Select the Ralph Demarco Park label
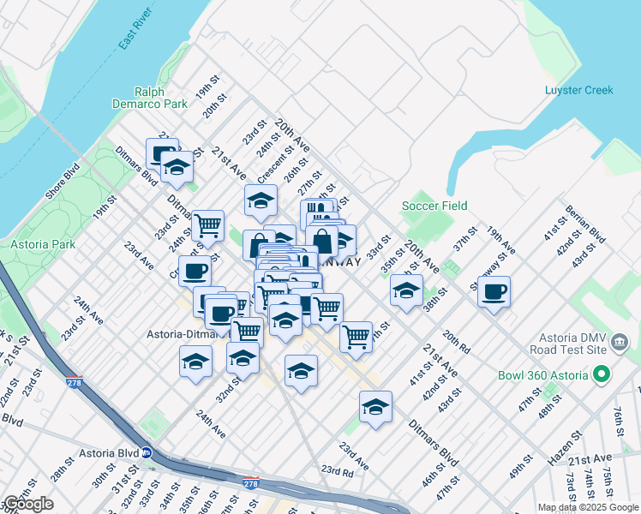click(149, 98)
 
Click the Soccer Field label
click(435, 206)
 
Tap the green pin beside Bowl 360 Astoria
click(602, 375)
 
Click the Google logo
click(28, 504)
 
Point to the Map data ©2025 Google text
click(588, 507)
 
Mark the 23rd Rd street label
click(337, 470)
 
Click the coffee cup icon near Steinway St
click(494, 292)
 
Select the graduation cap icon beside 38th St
click(406, 290)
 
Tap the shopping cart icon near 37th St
click(355, 336)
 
